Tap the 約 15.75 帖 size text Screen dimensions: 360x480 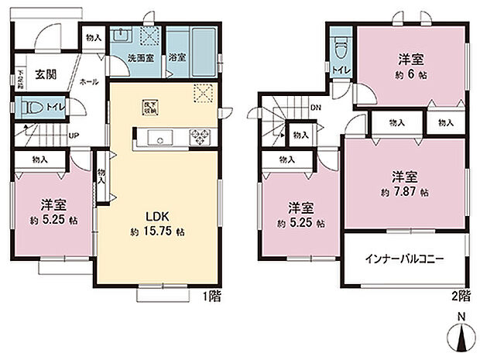click(x=158, y=231)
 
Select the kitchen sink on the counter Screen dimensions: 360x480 click(x=163, y=139)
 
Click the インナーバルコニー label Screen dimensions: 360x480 click(x=404, y=259)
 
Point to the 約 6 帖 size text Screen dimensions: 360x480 click(x=411, y=75)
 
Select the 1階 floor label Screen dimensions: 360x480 click(x=211, y=296)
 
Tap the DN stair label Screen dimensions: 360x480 click(x=315, y=108)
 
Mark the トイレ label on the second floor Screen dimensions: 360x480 click(x=341, y=73)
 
